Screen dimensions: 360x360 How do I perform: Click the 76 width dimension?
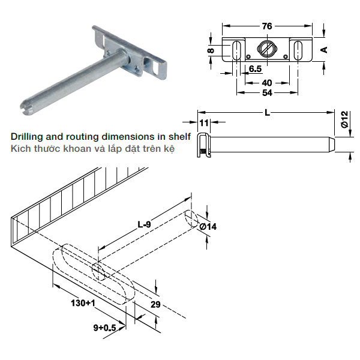[267, 26]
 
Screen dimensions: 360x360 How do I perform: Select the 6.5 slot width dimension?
[254, 69]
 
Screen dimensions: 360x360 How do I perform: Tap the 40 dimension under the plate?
[267, 82]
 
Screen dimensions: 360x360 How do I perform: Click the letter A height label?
[325, 50]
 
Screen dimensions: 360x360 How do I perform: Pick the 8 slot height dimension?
[211, 51]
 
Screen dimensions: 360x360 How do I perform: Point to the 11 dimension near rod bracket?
[204, 123]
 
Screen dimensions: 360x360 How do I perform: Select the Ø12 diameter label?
[344, 120]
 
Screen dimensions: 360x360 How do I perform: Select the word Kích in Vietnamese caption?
[20, 148]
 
